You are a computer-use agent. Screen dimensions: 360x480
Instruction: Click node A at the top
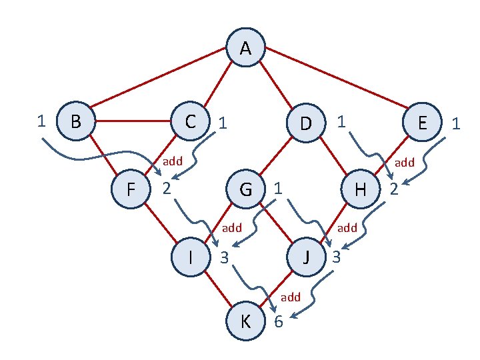click(246, 48)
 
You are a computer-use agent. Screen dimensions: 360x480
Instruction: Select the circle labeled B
click(76, 121)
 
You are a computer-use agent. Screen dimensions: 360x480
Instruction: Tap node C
click(191, 121)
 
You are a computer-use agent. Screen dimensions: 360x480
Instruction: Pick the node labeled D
click(305, 123)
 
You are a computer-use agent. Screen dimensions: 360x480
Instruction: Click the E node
click(421, 123)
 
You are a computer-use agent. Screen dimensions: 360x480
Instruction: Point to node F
click(132, 189)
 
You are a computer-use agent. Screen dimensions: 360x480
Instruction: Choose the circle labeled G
click(246, 189)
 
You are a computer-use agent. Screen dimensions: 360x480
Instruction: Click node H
click(361, 189)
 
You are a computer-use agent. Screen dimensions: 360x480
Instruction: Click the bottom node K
click(246, 322)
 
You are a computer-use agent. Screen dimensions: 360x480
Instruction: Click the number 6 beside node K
click(278, 322)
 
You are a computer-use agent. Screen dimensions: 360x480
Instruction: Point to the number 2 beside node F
click(167, 189)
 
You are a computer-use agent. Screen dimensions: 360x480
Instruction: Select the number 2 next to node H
click(394, 189)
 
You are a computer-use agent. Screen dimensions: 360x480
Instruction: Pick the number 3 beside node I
click(225, 257)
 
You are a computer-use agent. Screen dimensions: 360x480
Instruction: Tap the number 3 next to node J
click(337, 257)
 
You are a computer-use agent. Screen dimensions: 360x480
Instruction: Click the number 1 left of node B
click(41, 121)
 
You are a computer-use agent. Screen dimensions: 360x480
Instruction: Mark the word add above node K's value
click(291, 297)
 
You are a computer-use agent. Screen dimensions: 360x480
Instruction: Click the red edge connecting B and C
click(133, 121)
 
